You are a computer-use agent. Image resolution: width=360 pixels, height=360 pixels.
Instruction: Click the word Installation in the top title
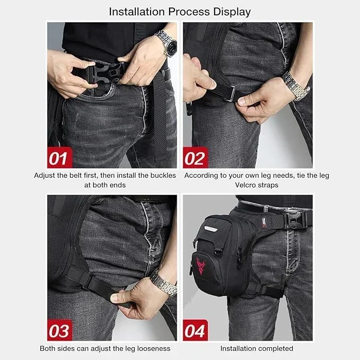pos(137,12)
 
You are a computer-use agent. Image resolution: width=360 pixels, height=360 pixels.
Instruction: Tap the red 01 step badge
pos(60,157)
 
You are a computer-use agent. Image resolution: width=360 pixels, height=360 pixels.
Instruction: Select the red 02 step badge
pos(196,157)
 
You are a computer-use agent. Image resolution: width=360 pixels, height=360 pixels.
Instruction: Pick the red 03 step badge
pos(60,330)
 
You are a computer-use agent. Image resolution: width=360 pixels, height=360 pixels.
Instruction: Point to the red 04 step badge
pos(196,330)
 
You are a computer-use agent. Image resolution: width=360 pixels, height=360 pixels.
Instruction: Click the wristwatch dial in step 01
pos(171,47)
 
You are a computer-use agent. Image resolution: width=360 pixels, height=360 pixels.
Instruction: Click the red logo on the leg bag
pos(200,266)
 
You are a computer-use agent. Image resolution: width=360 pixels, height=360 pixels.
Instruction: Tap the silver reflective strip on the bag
pos(212,229)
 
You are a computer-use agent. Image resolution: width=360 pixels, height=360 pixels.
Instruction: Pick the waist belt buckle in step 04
pos(294,219)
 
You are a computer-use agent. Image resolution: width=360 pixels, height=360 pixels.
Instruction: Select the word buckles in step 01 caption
pos(163,175)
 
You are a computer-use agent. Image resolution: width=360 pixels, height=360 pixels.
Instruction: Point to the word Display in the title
pos(232,12)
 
